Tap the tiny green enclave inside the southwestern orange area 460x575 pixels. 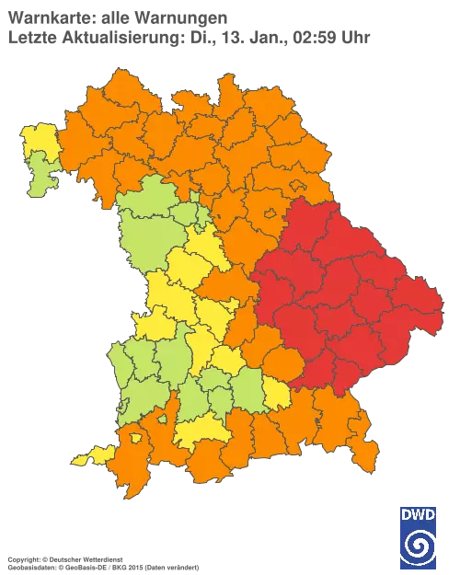pos(162,419)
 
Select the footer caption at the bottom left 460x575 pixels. pos(101,558)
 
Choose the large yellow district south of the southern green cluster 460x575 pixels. pos(199,429)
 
